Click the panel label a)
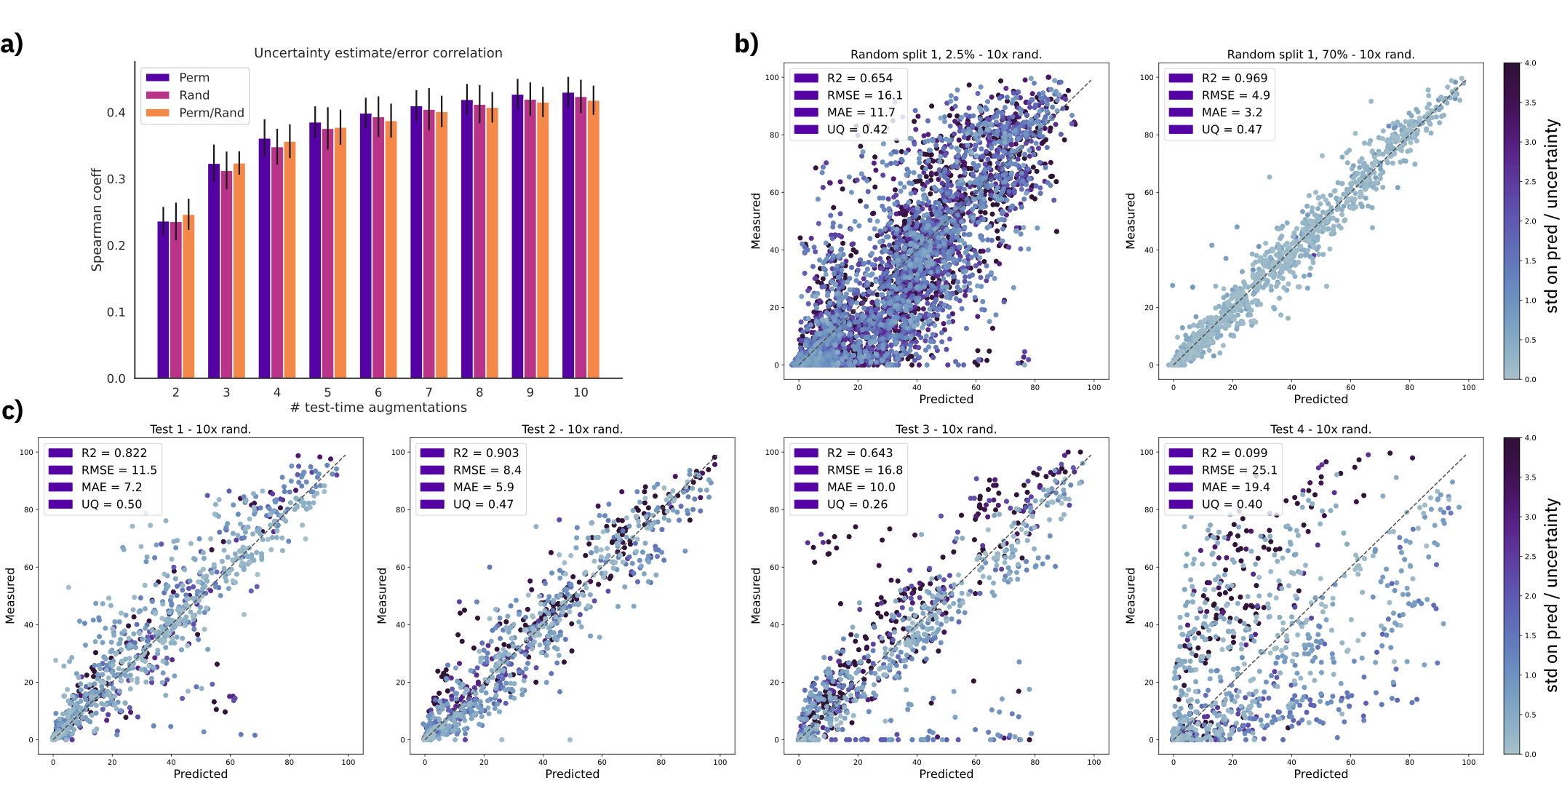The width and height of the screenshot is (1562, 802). (x=12, y=44)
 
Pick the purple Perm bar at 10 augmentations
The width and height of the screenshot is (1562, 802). (x=568, y=236)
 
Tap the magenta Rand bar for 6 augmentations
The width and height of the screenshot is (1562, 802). (x=378, y=247)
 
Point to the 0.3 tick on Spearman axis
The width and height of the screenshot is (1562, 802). (x=116, y=179)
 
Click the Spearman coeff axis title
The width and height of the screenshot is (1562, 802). (x=97, y=220)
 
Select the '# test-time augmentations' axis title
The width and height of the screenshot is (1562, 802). (x=378, y=408)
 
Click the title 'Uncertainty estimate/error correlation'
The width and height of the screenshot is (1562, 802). (x=378, y=53)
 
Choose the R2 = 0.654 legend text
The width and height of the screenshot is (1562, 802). (x=859, y=78)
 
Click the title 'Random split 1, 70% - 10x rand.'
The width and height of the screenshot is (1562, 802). (x=1320, y=55)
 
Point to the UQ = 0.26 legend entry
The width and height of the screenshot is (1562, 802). (x=856, y=504)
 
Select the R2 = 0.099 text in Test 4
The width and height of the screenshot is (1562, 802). (x=1234, y=453)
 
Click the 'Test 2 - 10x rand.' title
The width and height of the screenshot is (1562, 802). (x=572, y=429)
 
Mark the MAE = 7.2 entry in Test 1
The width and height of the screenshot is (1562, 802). (x=111, y=487)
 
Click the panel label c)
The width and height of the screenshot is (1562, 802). (x=12, y=411)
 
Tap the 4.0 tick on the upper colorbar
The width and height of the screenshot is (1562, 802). (x=1530, y=63)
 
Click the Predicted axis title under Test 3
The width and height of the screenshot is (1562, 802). (x=946, y=774)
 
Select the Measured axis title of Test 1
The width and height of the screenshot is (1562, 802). (x=10, y=595)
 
